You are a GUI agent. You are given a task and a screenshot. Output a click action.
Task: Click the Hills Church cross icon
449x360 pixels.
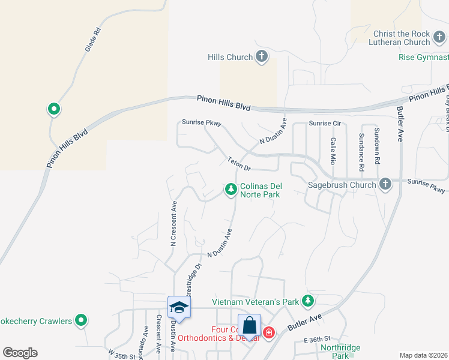tap(262, 57)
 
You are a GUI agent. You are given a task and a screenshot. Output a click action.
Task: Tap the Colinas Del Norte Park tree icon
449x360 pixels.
tap(230, 190)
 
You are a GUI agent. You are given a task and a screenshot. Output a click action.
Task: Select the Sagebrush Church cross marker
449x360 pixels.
tap(385, 185)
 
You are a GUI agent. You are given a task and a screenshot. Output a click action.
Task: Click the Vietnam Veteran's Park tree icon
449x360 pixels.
tap(308, 301)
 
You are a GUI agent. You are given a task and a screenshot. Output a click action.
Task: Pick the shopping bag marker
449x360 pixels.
tap(250, 327)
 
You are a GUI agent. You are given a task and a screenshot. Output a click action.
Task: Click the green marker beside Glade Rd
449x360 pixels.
tap(53, 109)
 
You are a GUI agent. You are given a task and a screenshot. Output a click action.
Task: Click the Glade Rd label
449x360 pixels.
tap(92, 38)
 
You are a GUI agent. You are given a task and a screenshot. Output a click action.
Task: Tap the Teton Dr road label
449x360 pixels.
tap(238, 163)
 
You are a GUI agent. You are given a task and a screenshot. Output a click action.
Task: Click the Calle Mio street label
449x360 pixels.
tap(332, 151)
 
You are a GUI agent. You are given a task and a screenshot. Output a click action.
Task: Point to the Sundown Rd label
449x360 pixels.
tap(377, 146)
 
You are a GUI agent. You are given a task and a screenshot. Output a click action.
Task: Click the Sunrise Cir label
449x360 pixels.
tap(325, 124)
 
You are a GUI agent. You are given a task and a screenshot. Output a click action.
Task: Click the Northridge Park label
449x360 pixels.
tap(340, 351)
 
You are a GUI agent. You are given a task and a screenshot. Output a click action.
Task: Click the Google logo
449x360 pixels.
tap(20, 353)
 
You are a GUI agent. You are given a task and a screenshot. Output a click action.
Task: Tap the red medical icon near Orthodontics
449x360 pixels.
tap(268, 332)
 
